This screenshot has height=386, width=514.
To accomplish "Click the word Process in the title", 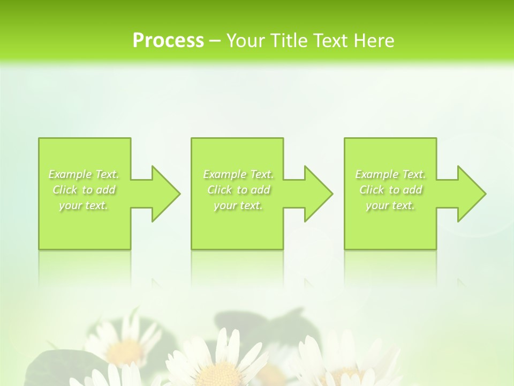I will (x=168, y=41).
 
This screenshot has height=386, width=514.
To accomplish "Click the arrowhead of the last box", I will (x=471, y=194).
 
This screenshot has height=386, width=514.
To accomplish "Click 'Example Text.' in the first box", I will (x=84, y=174).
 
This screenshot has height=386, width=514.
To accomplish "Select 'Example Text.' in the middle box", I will (x=238, y=174).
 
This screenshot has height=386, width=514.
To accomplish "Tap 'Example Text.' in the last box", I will (x=390, y=174).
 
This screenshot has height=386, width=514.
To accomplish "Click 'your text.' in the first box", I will (x=84, y=205).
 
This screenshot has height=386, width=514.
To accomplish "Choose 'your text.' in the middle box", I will (x=238, y=205).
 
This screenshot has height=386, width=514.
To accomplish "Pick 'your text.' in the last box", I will (x=390, y=205).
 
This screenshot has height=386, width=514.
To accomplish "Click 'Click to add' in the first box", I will (x=84, y=190).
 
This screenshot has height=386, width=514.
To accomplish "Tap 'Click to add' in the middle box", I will (x=238, y=190).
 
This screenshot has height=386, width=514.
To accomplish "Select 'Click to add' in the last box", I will (x=390, y=190).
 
